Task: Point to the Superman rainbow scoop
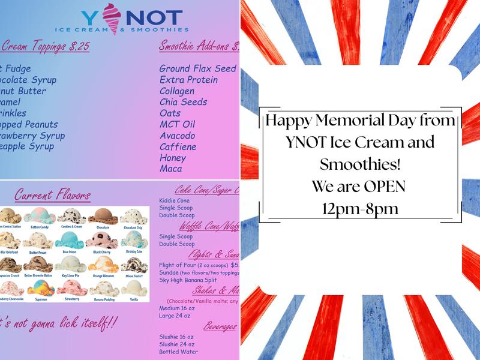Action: coord(40,288)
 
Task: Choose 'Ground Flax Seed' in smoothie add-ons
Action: coord(197,68)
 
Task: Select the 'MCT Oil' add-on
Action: coord(177,125)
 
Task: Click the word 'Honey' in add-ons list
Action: coord(173,158)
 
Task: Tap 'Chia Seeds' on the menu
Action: coord(183,102)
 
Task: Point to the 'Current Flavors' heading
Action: coord(53,195)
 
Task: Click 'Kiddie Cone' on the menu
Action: coord(175,200)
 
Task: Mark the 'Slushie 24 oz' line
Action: coord(176,344)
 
